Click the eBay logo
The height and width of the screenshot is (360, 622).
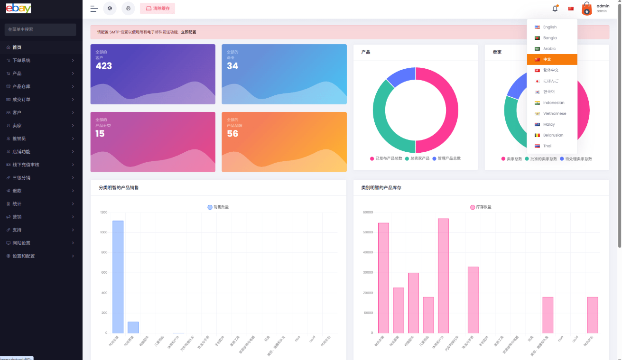click(x=19, y=9)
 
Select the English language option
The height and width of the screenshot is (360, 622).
click(x=549, y=27)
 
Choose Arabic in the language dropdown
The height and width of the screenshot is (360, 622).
click(x=549, y=49)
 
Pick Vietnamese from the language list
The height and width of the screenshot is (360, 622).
click(x=554, y=114)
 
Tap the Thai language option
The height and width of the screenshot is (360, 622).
click(x=547, y=146)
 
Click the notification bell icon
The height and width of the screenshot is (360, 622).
click(x=555, y=9)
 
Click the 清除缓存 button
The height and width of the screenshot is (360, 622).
click(x=158, y=9)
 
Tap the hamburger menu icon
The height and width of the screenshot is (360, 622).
click(x=94, y=9)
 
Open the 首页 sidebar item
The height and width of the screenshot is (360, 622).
click(x=17, y=47)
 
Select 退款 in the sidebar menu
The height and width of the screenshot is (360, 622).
click(x=17, y=191)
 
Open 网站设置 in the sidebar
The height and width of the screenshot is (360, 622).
click(x=21, y=243)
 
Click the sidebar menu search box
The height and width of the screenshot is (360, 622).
click(x=40, y=29)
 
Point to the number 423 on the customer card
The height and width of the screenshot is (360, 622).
click(x=104, y=66)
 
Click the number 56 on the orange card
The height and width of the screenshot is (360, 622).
click(x=232, y=134)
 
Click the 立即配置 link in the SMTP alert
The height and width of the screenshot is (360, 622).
click(x=188, y=32)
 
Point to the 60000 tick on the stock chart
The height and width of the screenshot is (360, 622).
click(x=367, y=212)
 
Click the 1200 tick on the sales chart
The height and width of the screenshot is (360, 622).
click(x=103, y=212)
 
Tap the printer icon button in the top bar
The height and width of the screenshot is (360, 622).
click(x=128, y=9)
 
